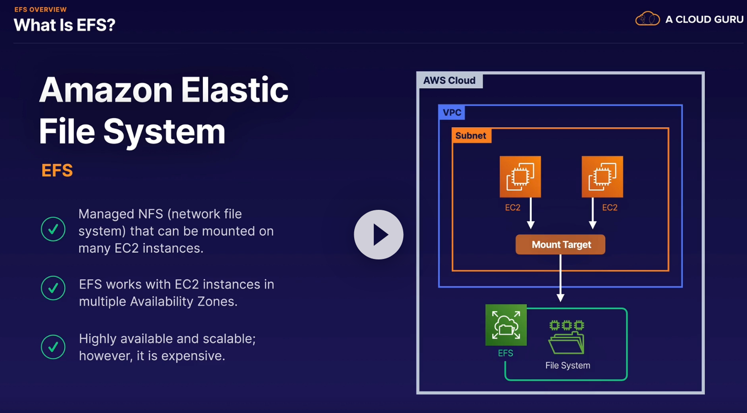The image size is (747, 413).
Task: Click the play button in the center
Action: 378,235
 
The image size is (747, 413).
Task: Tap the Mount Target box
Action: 560,245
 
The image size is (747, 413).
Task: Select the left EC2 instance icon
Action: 520,176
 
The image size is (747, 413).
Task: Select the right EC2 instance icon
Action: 602,176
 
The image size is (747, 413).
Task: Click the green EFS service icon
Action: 506,325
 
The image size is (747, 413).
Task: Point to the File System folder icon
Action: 567,338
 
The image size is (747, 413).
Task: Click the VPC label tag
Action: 451,113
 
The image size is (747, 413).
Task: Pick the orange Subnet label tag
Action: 471,136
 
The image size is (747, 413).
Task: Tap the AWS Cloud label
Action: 449,81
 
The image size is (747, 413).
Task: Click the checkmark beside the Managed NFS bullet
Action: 53,229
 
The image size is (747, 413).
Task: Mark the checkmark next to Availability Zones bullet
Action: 53,288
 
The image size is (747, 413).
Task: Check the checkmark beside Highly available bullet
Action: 53,347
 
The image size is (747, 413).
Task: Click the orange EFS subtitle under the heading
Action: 57,171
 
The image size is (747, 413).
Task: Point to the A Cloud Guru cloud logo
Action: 647,19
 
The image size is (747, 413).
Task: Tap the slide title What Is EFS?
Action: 65,25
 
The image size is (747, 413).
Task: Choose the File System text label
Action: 568,366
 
